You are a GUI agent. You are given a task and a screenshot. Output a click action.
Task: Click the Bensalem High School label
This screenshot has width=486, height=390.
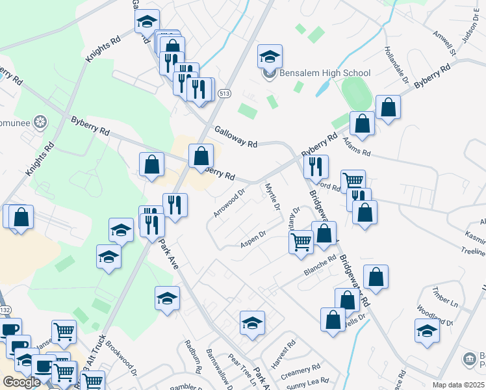[x=324, y=73]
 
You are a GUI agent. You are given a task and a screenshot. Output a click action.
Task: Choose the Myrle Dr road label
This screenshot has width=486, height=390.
[x=272, y=197]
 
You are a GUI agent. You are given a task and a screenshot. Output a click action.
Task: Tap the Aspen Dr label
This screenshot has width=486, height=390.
[x=253, y=239]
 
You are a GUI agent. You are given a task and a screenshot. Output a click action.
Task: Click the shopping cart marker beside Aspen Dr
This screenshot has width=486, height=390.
[x=300, y=242]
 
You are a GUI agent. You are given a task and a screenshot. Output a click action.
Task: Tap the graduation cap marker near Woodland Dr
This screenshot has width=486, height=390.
[x=426, y=330]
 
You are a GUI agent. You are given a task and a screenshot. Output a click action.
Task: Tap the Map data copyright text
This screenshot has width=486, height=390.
[x=457, y=385]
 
